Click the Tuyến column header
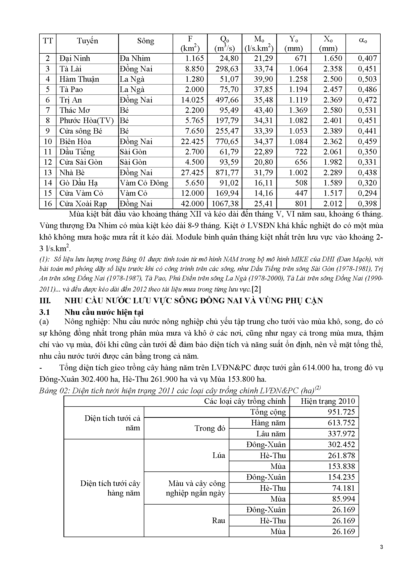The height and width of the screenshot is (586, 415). [87, 41]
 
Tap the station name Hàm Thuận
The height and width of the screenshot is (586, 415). [79, 79]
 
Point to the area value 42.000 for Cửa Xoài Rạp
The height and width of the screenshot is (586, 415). [192, 204]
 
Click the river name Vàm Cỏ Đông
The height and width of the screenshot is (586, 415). [144, 183]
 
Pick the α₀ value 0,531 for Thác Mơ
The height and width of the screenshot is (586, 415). [367, 110]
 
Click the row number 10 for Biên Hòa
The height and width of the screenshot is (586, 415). [48, 141]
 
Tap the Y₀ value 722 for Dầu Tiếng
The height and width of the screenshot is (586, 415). [301, 152]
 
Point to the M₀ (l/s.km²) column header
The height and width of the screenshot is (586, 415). [259, 44]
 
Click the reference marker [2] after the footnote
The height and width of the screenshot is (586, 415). [256, 289]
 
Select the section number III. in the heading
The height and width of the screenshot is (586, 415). [45, 301]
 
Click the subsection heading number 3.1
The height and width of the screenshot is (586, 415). [44, 312]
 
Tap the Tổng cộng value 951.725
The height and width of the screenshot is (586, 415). [341, 412]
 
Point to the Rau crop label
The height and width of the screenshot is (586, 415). [219, 521]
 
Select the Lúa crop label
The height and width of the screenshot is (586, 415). [219, 456]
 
